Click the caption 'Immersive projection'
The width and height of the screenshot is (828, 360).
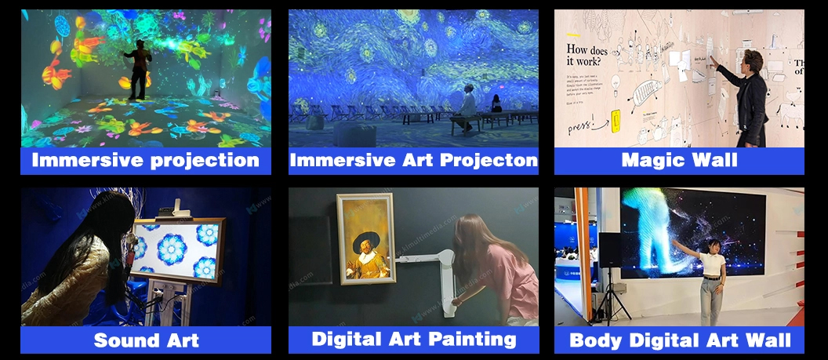click(146, 161)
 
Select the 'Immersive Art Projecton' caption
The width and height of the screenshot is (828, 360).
click(413, 161)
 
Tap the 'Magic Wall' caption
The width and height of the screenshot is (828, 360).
click(679, 161)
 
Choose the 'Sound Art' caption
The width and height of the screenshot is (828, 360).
click(146, 340)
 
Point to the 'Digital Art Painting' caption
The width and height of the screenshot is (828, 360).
click(413, 339)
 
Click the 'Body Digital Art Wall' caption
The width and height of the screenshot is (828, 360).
click(679, 340)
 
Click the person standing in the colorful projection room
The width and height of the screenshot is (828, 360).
click(140, 69)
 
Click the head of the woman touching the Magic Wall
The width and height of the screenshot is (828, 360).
click(751, 60)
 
